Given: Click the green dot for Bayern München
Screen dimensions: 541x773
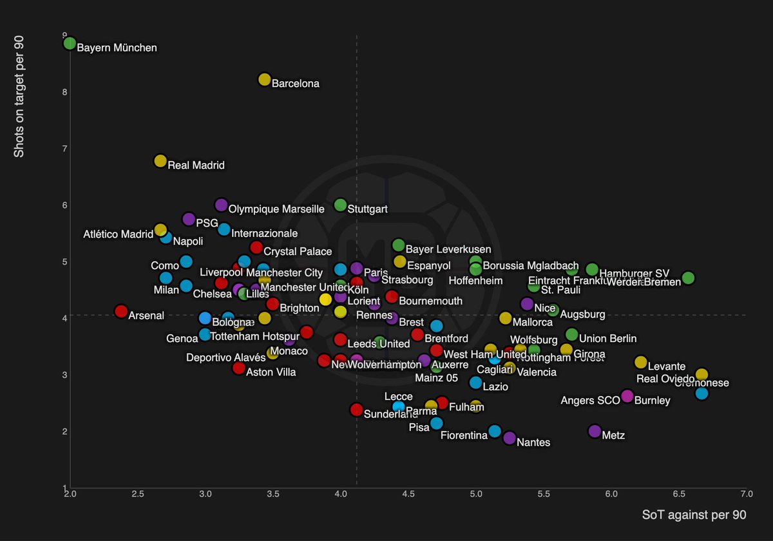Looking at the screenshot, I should tap(70, 43).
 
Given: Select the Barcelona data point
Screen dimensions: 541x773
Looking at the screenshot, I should tap(264, 79).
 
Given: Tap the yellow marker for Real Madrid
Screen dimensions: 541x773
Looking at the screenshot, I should tap(160, 161).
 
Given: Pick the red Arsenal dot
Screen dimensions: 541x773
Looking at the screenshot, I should tap(120, 311).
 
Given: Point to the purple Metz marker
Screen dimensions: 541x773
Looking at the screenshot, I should tap(595, 431).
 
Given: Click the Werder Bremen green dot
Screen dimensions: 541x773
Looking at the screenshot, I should tap(688, 278).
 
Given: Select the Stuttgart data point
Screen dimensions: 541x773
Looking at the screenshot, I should tap(340, 205).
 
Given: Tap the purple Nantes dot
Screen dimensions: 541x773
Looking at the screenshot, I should tap(510, 438).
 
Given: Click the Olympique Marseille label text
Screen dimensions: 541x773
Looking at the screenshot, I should tap(276, 209).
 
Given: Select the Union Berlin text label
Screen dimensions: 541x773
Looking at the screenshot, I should tap(607, 339).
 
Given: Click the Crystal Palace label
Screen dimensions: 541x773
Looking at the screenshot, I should tap(298, 252).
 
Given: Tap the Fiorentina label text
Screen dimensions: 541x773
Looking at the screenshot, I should tap(464, 435).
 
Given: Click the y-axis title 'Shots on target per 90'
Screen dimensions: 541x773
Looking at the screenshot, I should tap(20, 97).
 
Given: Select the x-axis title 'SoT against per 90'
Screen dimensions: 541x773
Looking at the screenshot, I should tap(694, 515).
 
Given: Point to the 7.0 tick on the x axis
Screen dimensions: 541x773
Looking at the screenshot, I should tap(746, 494).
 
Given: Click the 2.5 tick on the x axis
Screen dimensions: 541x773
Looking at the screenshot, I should tap(137, 494).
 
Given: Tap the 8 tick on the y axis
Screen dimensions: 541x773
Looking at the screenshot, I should tap(64, 92).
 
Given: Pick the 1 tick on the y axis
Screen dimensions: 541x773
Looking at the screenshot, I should tap(64, 488).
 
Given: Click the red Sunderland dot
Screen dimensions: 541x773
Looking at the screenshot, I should tap(356, 410).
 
